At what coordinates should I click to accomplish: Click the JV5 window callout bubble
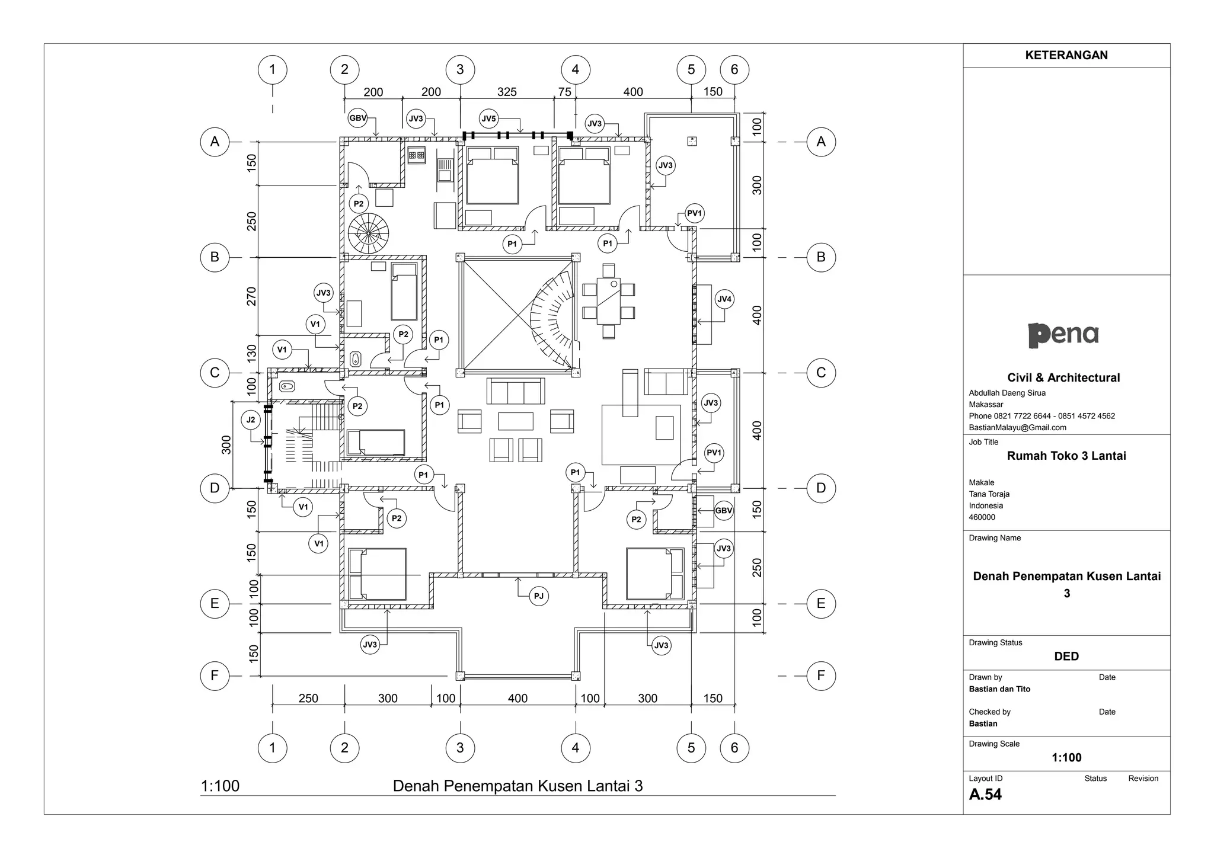point(488,119)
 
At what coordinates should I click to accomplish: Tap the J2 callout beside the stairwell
point(251,420)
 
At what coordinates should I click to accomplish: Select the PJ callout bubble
point(538,596)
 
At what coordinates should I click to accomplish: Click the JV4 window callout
point(724,299)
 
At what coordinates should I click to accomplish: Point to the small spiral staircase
point(368,233)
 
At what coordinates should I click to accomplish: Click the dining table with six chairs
point(609,300)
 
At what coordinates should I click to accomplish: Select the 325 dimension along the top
point(507,92)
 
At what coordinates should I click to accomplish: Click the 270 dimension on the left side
point(252,296)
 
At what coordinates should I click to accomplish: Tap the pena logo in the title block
point(1063,335)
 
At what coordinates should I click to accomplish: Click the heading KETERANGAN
point(1066,55)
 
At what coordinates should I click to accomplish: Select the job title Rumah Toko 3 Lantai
point(1066,456)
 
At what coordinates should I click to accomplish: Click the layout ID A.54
point(985,795)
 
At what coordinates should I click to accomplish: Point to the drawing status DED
point(1066,656)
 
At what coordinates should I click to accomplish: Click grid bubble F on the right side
point(820,675)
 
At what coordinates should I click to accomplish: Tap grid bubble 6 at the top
point(734,69)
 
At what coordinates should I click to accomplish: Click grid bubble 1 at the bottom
point(272,748)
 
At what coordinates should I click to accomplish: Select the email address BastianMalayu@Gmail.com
point(1017,427)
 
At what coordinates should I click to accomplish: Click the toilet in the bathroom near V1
point(356,358)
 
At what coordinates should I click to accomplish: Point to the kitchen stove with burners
point(416,156)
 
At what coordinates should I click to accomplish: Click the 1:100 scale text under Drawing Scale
point(1066,757)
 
